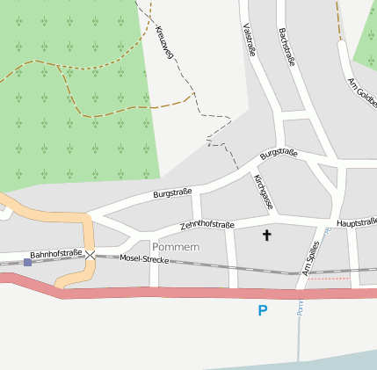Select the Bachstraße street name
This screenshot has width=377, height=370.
[285, 46]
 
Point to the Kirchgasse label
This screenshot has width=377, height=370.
[263, 192]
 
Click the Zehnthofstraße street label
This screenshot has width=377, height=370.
[207, 226]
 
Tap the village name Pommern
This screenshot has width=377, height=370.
[176, 246]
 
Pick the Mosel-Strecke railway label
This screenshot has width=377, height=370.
[143, 259]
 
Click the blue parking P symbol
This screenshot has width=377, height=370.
[262, 310]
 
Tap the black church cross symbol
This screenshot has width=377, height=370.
[267, 235]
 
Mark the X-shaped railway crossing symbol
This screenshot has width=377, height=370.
[90, 255]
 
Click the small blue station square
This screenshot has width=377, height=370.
[28, 262]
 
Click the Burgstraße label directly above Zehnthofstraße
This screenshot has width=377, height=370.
[172, 192]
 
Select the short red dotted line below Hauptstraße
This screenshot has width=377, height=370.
[334, 278]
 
